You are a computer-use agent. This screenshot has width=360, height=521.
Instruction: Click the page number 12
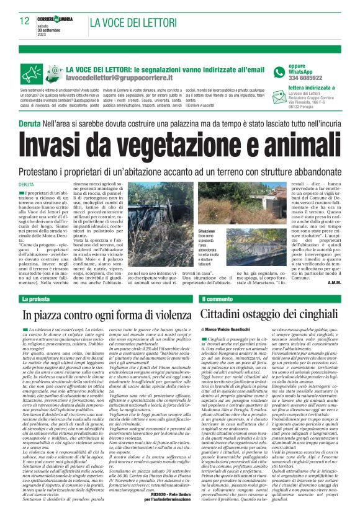click(25, 21)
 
